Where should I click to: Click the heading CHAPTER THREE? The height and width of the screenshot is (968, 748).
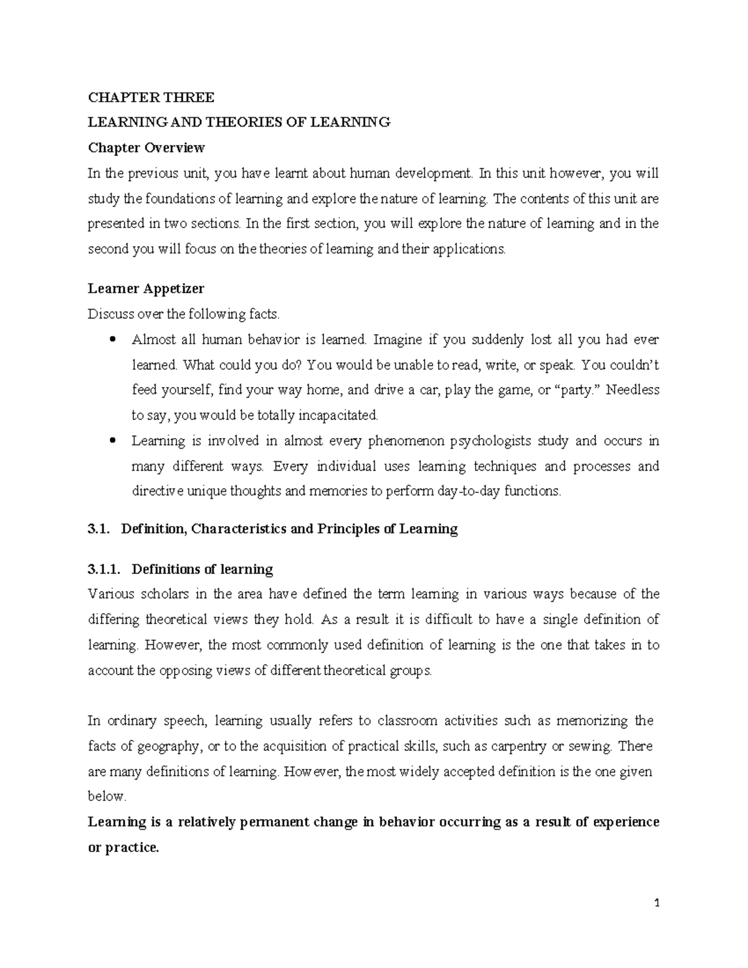151,97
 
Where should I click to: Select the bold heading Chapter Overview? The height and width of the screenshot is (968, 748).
146,148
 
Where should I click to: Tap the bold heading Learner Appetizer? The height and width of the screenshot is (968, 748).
146,289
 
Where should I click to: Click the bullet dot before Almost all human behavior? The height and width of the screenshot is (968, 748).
112,340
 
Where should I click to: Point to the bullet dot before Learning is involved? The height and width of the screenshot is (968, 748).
112,441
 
